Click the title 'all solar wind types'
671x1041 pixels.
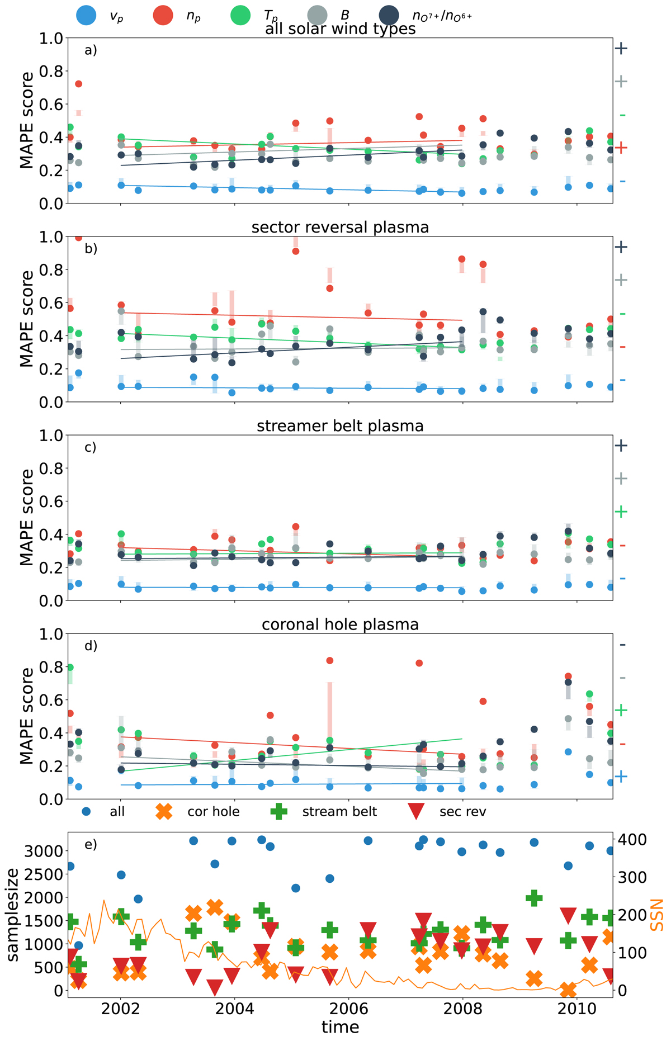(x=340, y=29)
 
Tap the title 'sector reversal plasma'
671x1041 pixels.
(x=340, y=228)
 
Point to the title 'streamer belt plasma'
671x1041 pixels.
(x=340, y=426)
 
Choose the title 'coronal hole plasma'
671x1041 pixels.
(x=340, y=624)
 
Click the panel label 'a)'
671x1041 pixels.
(x=91, y=50)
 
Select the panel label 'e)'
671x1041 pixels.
(x=91, y=844)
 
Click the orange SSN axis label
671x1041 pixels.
(x=658, y=915)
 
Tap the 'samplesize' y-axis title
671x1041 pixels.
(x=13, y=915)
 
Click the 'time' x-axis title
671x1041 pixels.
(x=340, y=1026)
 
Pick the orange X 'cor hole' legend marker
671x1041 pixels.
(x=164, y=811)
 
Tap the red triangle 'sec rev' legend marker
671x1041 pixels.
(x=415, y=812)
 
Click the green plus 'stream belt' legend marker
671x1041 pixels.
(x=278, y=811)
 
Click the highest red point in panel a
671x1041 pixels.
(x=79, y=84)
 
